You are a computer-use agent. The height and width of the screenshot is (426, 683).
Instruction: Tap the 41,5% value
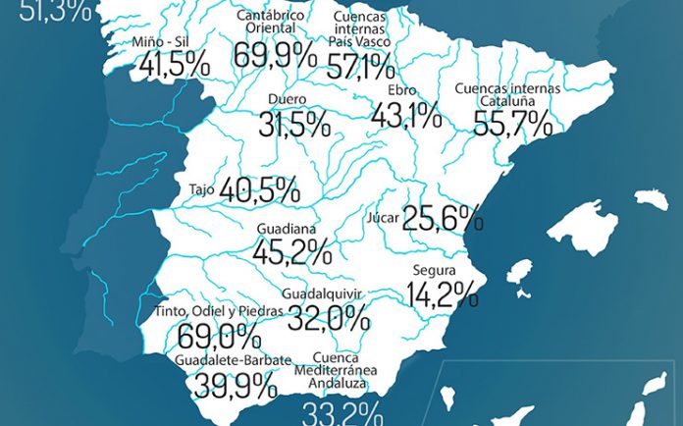pos(175,66)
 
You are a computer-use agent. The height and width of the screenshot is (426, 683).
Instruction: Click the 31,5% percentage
pos(294,125)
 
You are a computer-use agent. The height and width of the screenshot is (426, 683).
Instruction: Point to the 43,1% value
pos(404,117)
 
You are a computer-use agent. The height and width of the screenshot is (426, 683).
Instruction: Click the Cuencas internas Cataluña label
pos(507,94)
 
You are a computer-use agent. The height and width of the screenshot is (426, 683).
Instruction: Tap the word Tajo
pos(202,189)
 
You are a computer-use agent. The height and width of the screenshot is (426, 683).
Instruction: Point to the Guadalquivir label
pos(322,293)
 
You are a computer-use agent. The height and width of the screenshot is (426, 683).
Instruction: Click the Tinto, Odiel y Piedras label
pos(219,312)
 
